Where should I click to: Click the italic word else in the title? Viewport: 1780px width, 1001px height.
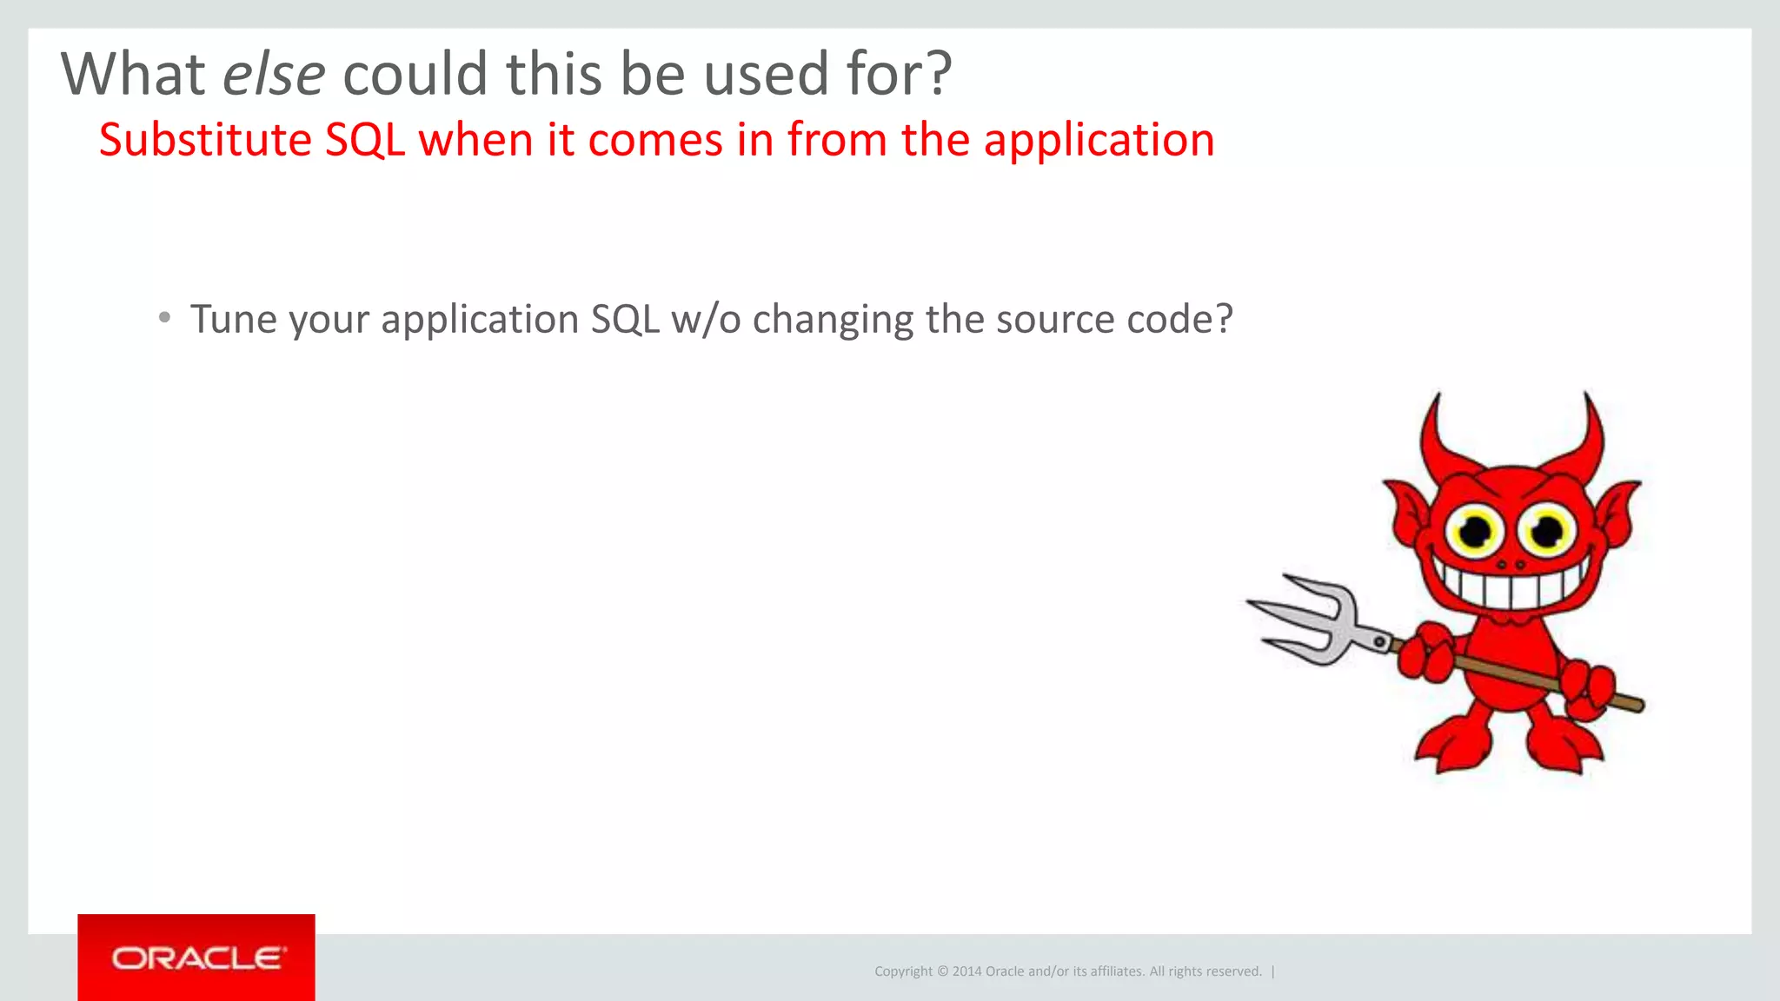[274, 75]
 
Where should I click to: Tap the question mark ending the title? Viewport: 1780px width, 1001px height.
[940, 75]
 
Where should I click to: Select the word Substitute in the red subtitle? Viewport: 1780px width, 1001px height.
[205, 141]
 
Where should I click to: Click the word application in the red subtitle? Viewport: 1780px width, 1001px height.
[1099, 141]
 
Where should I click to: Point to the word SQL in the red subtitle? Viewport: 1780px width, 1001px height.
[365, 141]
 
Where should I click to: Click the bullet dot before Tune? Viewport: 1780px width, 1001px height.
[164, 318]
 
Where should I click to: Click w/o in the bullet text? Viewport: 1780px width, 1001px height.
[706, 320]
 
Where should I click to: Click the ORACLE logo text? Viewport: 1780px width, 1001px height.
[196, 958]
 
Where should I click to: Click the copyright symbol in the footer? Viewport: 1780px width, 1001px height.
[942, 971]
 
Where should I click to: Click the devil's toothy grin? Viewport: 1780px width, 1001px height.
[1511, 584]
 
